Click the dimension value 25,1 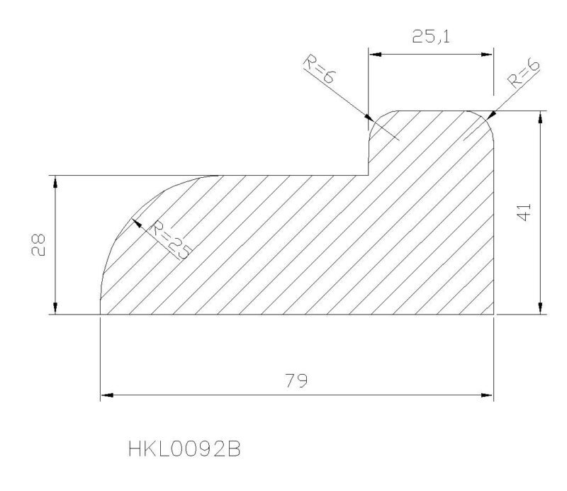(431, 37)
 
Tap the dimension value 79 (296, 380)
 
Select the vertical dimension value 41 (524, 212)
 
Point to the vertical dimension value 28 (38, 244)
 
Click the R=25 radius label (169, 240)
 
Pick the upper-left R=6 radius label (320, 69)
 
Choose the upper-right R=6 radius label (524, 74)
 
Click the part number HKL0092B (184, 449)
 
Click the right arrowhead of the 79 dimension (487, 395)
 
